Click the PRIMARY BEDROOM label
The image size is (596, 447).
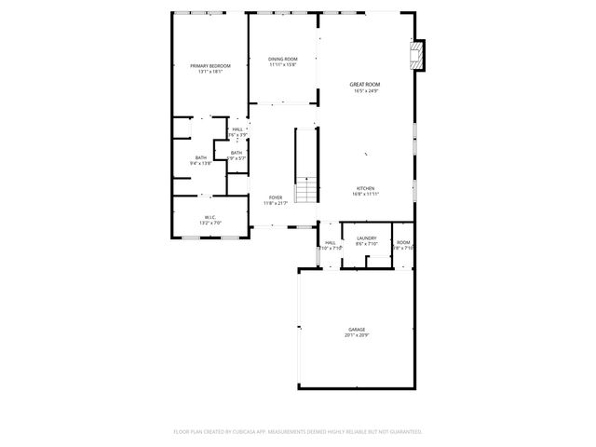pos(210,66)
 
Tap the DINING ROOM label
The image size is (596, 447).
pos(283,60)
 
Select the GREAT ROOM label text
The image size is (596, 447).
pos(365,85)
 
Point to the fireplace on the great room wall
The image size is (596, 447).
pos(418,57)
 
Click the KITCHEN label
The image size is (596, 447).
pos(365,188)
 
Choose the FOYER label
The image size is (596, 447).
pos(276,197)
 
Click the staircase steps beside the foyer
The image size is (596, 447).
pos(306,193)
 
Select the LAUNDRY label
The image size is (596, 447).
pos(366,238)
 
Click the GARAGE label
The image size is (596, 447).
pos(357,330)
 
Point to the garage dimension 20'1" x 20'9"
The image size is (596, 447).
pos(357,335)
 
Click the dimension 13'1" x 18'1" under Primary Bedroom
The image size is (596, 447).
pos(210,72)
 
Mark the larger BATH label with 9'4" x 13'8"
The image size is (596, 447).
pos(201,157)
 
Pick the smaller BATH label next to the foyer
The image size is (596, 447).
pos(237,153)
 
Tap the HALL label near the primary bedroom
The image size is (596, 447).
pos(237,129)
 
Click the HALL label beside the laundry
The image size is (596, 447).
pos(331,242)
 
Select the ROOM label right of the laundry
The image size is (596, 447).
pos(402,242)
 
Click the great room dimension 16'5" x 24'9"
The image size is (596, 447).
pos(365,91)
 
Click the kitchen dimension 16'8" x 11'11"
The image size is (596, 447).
pos(365,194)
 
